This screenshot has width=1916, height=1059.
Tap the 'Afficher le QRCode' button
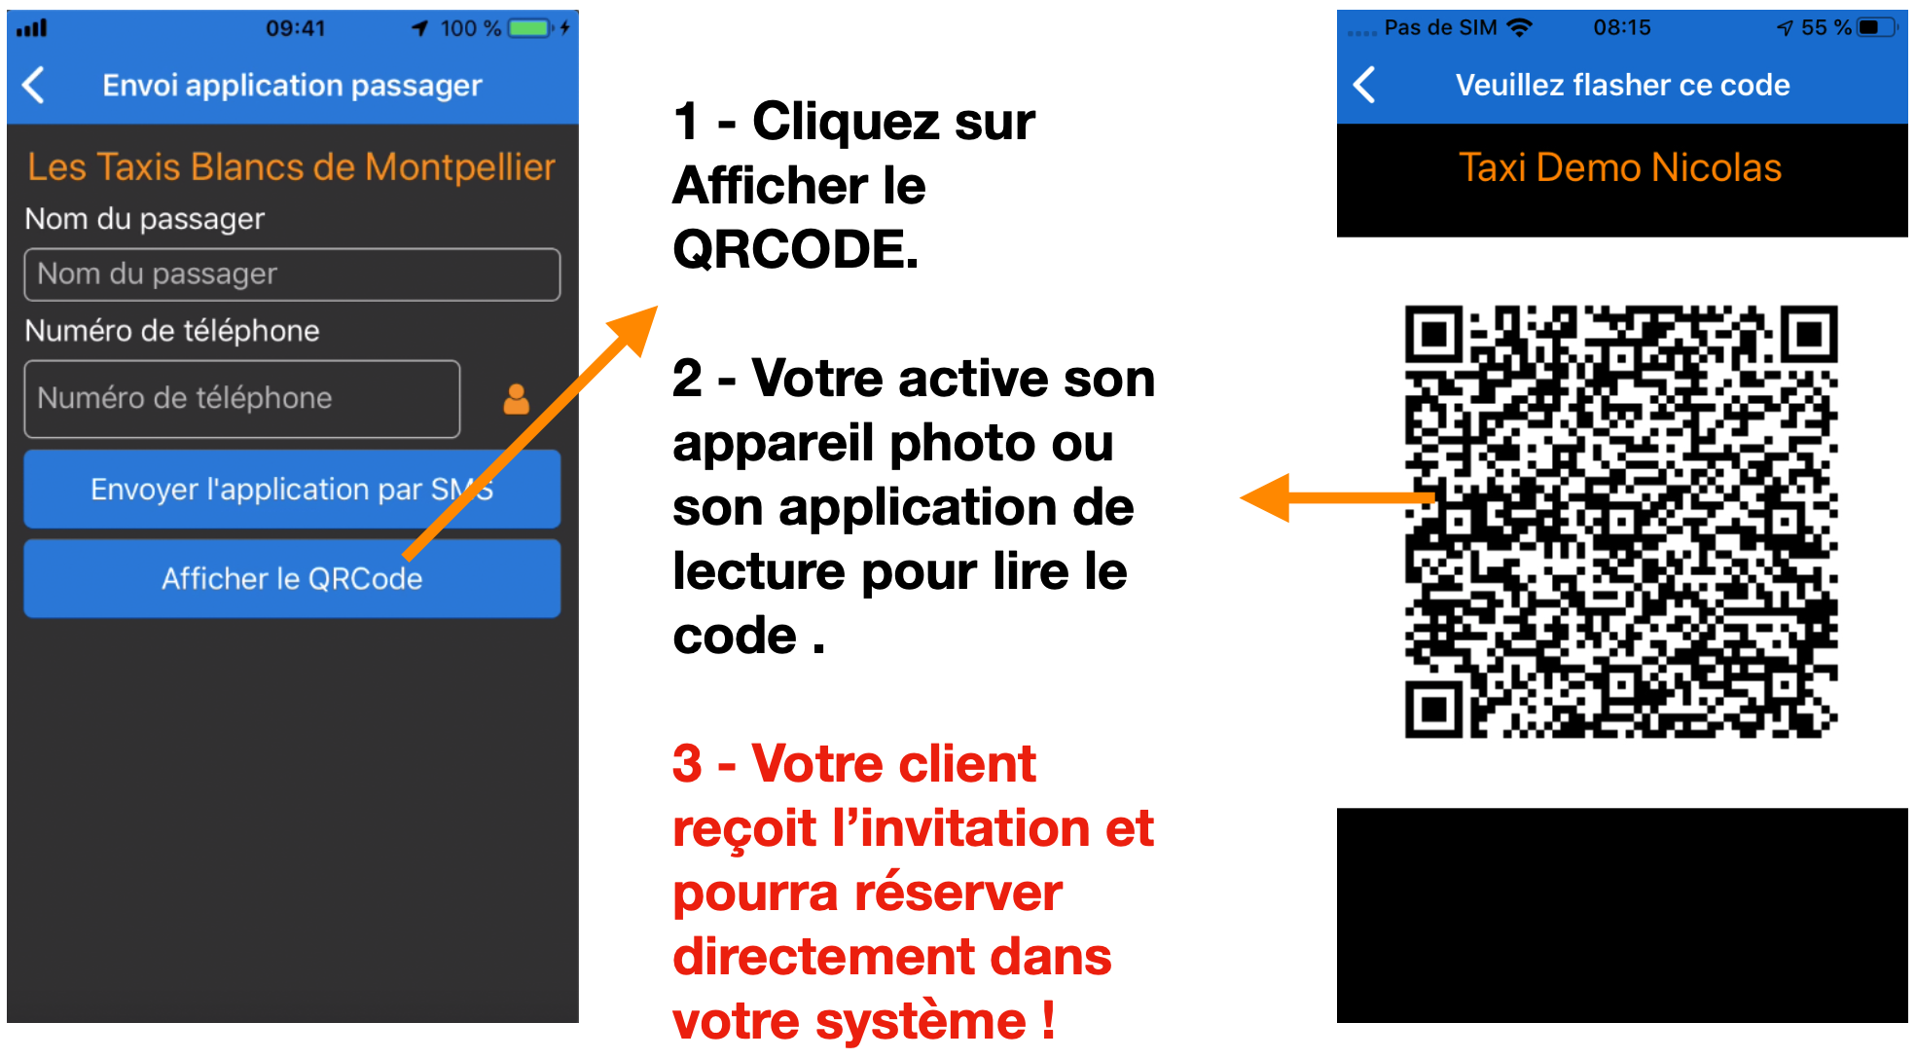292,579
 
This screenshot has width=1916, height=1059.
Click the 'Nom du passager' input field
292,274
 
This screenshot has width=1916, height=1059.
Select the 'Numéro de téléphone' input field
242,399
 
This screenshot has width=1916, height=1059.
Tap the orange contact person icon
517,399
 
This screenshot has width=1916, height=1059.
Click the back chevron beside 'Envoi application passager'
34,85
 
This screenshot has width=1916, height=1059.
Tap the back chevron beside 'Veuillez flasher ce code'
1364,85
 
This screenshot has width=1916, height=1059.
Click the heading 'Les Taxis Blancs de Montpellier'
291,167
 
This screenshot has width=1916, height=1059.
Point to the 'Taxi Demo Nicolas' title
1620,167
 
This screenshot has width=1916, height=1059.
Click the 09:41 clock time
296,28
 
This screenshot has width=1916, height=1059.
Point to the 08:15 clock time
1622,27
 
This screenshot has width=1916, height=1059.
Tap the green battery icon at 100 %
530,28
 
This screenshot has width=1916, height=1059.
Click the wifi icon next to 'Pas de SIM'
1519,27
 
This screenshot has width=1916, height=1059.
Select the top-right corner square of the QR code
1809,335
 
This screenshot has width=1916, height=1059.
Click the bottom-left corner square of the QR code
1433,709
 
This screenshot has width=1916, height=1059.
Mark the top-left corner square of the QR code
1433,335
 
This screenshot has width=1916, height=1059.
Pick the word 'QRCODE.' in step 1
796,249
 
